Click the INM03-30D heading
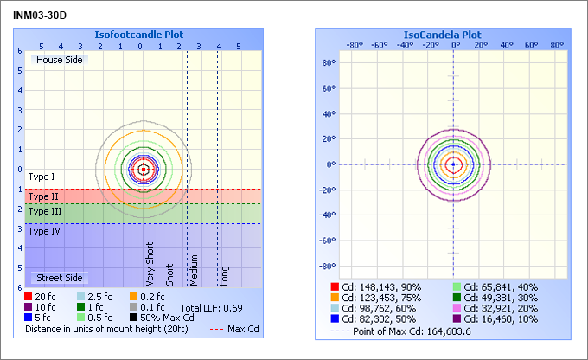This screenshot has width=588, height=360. pos(41,16)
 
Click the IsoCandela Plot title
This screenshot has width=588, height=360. pos(442,35)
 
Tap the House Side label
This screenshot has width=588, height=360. pos(58,59)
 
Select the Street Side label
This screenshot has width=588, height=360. pos(58,278)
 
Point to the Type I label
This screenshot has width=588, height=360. pos(42,177)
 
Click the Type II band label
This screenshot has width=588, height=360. pos(43,196)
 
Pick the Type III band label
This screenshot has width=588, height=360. pos(45,211)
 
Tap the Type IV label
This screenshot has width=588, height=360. pos(44,231)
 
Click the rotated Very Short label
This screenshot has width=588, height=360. pos(150,264)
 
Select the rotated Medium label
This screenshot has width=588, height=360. pos(195,270)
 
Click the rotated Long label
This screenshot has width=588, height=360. pos(224,275)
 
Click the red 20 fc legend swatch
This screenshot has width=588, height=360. pos(29,296)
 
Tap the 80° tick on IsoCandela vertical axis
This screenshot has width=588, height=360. pos(329,62)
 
